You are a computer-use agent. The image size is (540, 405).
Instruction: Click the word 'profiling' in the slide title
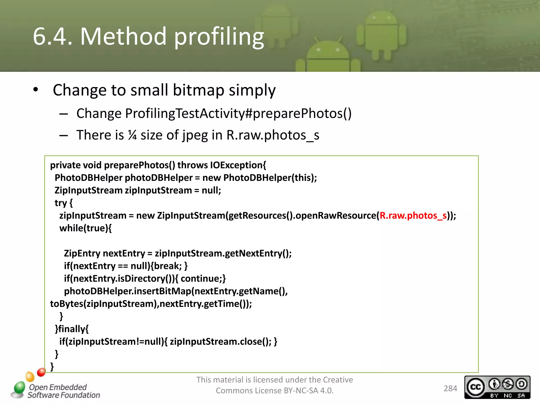(219, 37)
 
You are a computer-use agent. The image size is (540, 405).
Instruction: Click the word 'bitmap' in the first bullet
(198, 90)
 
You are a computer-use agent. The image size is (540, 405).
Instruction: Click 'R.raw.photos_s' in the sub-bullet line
(273, 135)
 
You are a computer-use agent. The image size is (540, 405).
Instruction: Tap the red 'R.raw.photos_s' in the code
(413, 216)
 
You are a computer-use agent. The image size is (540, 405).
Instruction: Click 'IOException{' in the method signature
(238, 165)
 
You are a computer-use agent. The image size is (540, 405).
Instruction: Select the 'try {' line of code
(64, 203)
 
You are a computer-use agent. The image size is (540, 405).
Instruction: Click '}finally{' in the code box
(72, 329)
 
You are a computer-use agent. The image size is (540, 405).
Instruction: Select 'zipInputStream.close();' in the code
(220, 342)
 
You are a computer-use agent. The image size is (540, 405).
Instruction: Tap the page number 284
(450, 388)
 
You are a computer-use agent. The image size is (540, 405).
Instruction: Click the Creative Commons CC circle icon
(475, 387)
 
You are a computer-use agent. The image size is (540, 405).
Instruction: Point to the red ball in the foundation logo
(41, 372)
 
